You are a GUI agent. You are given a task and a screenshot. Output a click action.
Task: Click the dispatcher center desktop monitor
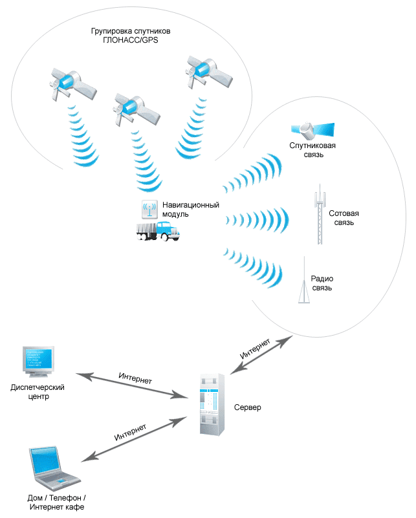point(38,360)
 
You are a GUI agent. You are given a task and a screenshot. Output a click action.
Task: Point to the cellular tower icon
point(318,217)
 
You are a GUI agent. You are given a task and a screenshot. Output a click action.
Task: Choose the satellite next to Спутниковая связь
point(312,129)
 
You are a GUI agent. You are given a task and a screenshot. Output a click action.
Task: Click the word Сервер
point(248,408)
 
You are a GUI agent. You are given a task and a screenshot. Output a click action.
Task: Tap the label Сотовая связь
point(343,218)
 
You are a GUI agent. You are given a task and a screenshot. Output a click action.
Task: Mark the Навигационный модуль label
point(191,210)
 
